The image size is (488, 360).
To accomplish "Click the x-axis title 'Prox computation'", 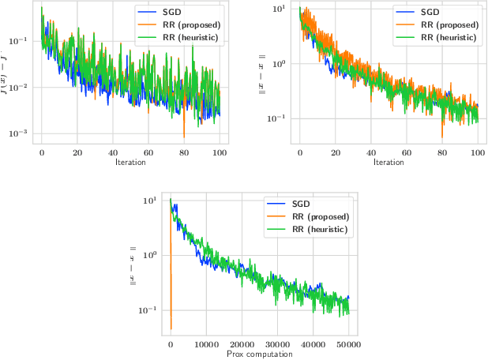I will pyautogui.click(x=259, y=354).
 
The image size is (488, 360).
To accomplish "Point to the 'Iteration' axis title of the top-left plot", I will pyautogui.click(x=130, y=162).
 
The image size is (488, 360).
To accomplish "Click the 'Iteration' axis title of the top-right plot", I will pyautogui.click(x=389, y=162).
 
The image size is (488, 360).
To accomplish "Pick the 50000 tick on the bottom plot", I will pyautogui.click(x=348, y=344).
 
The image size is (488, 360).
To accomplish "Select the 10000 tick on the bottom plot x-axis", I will pyautogui.click(x=206, y=344).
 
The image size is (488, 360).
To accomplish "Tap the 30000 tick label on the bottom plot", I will pyautogui.click(x=277, y=344).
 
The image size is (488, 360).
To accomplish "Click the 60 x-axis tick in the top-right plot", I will pyautogui.click(x=407, y=152).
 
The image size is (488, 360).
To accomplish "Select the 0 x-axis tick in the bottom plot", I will pyautogui.click(x=171, y=344).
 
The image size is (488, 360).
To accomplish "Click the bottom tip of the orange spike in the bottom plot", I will pyautogui.click(x=171, y=328).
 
